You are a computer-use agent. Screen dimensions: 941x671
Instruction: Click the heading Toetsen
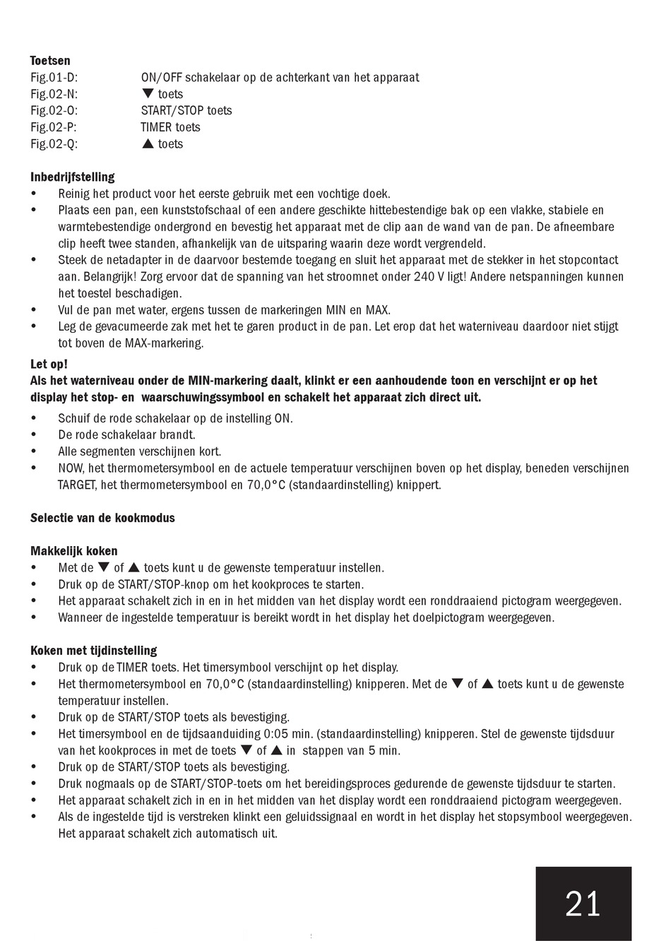pos(50,61)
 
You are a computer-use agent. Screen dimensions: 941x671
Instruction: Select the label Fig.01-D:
pos(54,78)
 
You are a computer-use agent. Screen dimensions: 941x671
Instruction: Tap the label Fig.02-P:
pos(54,127)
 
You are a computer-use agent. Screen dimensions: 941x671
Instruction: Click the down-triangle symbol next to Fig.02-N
pos(148,94)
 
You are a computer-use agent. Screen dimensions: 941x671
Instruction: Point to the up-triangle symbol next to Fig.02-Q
pos(148,144)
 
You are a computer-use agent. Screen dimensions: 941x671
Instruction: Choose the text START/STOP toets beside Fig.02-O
pos(186,111)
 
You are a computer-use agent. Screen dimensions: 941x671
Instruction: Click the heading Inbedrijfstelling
pos(73,177)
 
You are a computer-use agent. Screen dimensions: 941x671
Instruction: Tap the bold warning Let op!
pos(49,364)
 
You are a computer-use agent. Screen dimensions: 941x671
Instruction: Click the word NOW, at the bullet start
pos(71,468)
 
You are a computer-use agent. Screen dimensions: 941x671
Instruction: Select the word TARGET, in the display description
pos(78,485)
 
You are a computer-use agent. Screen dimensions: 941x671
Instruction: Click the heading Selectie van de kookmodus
pos(102,518)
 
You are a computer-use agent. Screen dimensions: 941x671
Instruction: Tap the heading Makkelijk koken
pos(74,551)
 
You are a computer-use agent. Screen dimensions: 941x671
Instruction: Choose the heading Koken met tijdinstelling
pos(94,651)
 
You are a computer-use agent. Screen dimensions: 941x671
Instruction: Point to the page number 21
pos(583,904)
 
